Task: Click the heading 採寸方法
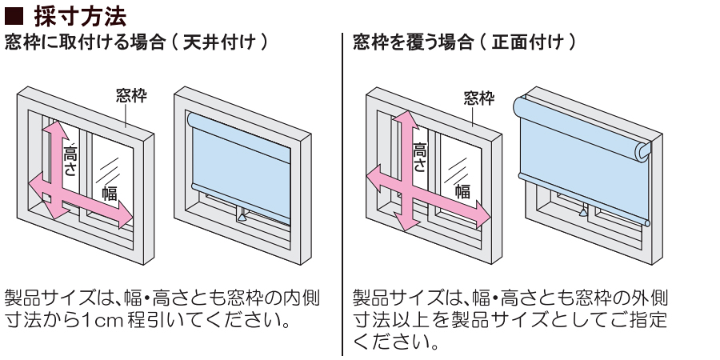[80, 16]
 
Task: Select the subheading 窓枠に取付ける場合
[77, 42]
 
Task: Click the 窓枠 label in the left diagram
[130, 98]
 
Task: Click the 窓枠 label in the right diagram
[479, 98]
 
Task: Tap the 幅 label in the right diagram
[462, 190]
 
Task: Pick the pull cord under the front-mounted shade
[585, 213]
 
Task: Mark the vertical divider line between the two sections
[342, 192]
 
